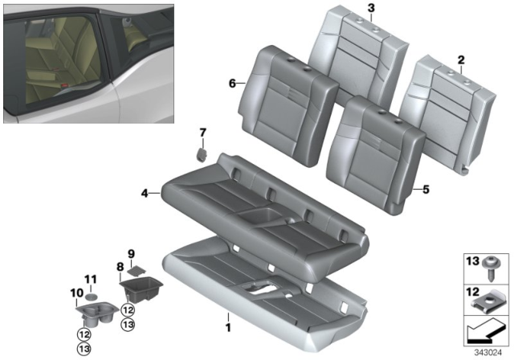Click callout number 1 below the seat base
tap(227, 327)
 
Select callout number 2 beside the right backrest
tap(461, 59)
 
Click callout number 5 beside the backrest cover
tap(426, 190)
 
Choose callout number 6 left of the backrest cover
tap(231, 83)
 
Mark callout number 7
tap(202, 132)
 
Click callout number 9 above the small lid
tap(132, 253)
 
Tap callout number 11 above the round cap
tap(90, 279)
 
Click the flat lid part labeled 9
tap(136, 271)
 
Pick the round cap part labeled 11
tap(92, 296)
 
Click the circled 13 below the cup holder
tap(84, 349)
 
